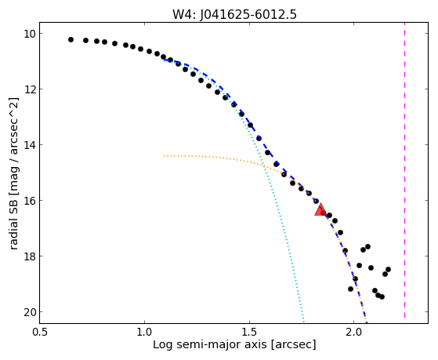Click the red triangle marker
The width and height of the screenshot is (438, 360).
(x=320, y=209)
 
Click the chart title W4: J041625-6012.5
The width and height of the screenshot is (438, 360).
(x=234, y=15)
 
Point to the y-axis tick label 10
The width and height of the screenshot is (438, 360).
(x=29, y=34)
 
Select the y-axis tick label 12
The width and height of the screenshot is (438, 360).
(x=29, y=89)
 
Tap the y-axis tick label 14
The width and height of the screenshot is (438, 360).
(x=29, y=145)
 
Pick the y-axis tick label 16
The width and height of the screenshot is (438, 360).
(x=29, y=201)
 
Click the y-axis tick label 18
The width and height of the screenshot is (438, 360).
(x=29, y=256)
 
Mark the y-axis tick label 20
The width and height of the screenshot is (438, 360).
(x=29, y=312)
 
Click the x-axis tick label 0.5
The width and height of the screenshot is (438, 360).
(x=39, y=332)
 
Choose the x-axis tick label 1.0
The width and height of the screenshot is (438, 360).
(x=144, y=332)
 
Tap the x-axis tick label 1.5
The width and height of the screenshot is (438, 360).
(x=249, y=332)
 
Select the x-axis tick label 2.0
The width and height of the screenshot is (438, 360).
(x=354, y=332)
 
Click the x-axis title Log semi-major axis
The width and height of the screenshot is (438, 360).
(x=210, y=344)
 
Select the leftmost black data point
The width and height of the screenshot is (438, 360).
(x=71, y=40)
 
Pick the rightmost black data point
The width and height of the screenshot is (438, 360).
(x=388, y=269)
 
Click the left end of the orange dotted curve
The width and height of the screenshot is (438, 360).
(x=164, y=155)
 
